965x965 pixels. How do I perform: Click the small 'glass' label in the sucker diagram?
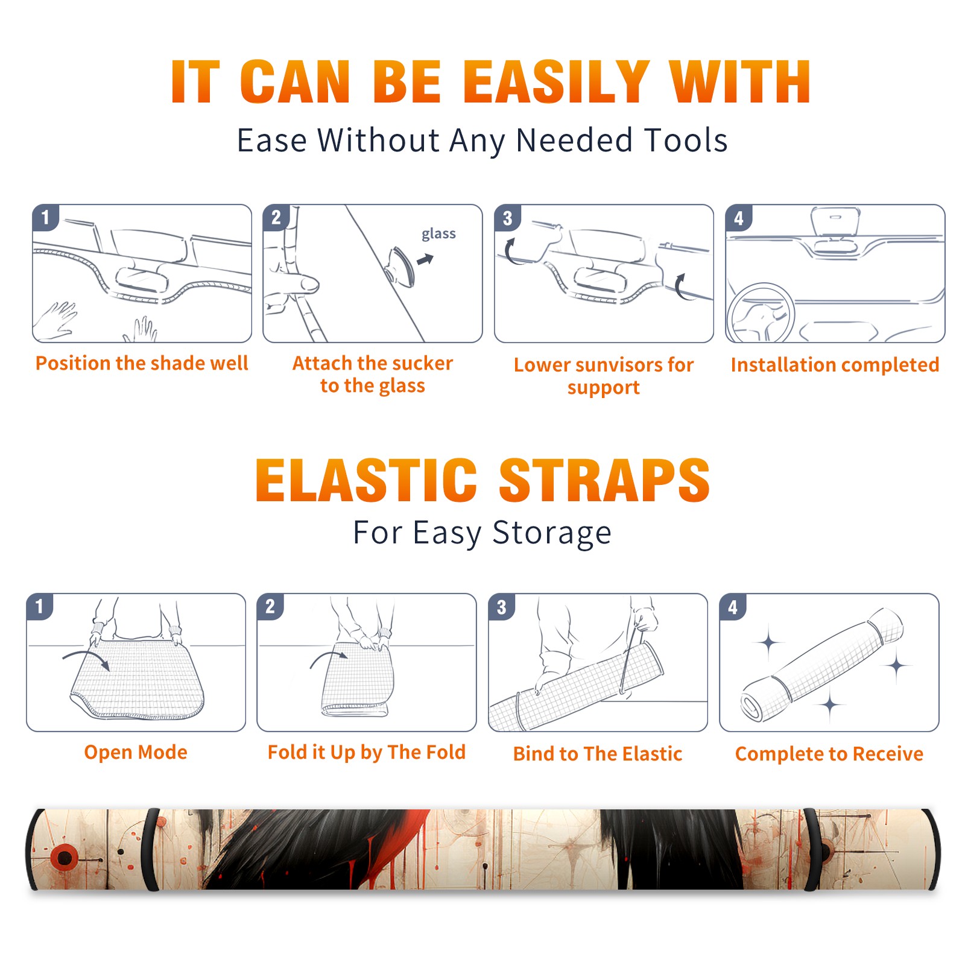coord(438,233)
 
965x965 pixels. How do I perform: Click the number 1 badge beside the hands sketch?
coord(45,217)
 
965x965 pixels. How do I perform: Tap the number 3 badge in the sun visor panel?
coord(507,218)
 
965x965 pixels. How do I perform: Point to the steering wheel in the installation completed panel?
coord(761,313)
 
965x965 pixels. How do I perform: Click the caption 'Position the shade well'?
coord(142,363)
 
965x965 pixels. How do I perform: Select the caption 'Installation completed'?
coord(835,364)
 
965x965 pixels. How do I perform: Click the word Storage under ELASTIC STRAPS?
coord(552,533)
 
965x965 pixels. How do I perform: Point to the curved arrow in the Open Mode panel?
coord(87,656)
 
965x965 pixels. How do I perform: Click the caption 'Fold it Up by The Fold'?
coord(366,752)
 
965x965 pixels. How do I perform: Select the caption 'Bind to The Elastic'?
coord(598,753)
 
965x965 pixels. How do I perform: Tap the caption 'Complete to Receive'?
coord(829,753)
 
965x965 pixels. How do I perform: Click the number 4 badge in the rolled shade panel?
coord(733,607)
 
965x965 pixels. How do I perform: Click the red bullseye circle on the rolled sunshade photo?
coord(63,856)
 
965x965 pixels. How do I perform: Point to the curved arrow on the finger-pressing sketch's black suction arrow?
coord(426,259)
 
